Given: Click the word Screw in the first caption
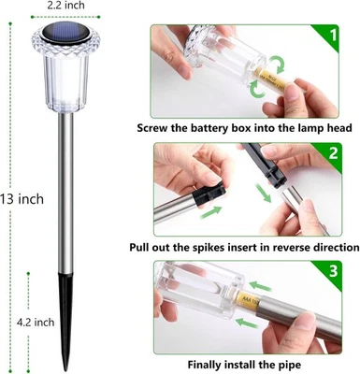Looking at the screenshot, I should click(x=155, y=129).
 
